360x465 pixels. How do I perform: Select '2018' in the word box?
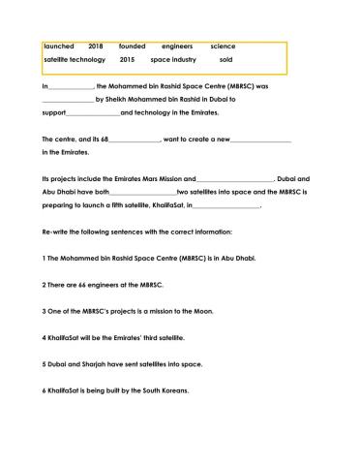pyautogui.click(x=95, y=46)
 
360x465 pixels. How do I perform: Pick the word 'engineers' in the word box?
pyautogui.click(x=177, y=46)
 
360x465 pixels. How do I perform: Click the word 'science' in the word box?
pyautogui.click(x=223, y=46)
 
